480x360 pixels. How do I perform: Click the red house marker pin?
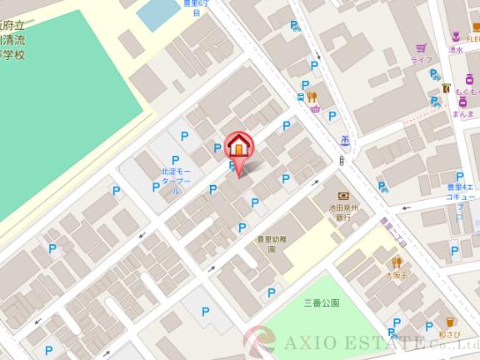[239, 147]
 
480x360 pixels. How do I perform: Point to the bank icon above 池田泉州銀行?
[342, 196]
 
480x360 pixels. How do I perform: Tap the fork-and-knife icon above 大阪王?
[396, 262]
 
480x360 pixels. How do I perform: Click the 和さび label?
[450, 334]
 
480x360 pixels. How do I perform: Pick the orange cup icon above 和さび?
[450, 321]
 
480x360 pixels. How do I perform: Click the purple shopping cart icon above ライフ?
[422, 48]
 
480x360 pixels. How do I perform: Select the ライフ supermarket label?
[421, 60]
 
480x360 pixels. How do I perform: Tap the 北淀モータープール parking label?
[176, 180]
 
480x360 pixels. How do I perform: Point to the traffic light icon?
[342, 160]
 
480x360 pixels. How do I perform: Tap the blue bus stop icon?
[300, 97]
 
